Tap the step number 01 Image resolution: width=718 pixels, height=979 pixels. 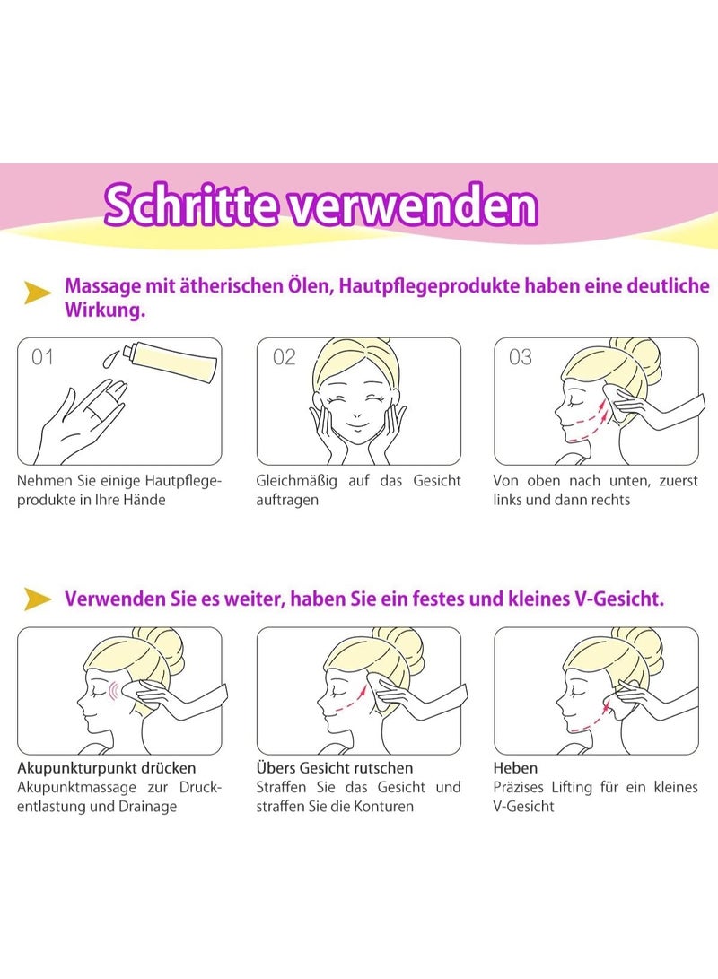click(x=42, y=357)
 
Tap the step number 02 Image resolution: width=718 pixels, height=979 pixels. click(x=284, y=357)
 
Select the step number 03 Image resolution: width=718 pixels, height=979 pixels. click(x=521, y=357)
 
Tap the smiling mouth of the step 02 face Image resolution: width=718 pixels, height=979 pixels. click(x=357, y=419)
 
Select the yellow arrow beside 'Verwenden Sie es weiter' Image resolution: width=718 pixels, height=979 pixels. click(x=37, y=599)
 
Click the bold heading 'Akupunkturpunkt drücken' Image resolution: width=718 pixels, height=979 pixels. click(x=107, y=768)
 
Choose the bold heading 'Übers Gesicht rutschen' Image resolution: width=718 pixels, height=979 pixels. click(x=335, y=768)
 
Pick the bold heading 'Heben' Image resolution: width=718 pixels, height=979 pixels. click(x=515, y=768)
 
